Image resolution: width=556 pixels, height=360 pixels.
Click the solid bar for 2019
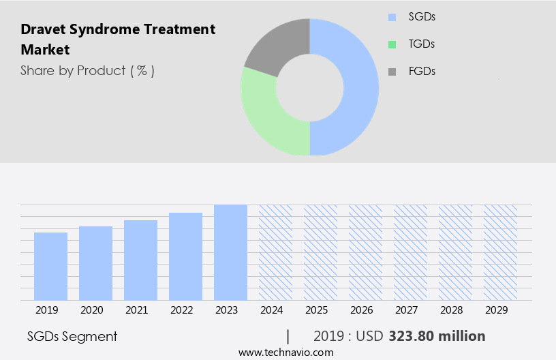click(x=50, y=266)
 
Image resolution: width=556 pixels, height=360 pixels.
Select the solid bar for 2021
click(x=140, y=260)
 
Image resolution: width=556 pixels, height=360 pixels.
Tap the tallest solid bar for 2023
click(x=230, y=252)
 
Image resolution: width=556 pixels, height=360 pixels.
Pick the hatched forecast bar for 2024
click(x=275, y=252)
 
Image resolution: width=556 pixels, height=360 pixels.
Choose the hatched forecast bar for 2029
click(x=500, y=252)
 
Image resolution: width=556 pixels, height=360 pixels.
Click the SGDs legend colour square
click(x=391, y=17)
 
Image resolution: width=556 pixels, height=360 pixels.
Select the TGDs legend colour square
click(x=391, y=44)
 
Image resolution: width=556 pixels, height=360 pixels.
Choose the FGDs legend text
click(x=422, y=71)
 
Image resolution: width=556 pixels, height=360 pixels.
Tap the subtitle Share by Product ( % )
click(x=87, y=70)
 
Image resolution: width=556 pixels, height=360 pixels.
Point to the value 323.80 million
click(x=437, y=336)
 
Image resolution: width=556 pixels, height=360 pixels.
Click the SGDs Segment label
click(x=72, y=336)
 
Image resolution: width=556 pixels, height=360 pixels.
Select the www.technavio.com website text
click(x=286, y=352)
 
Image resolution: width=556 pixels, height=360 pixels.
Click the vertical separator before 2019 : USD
click(x=288, y=336)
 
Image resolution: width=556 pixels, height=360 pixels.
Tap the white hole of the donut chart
click(x=310, y=87)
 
